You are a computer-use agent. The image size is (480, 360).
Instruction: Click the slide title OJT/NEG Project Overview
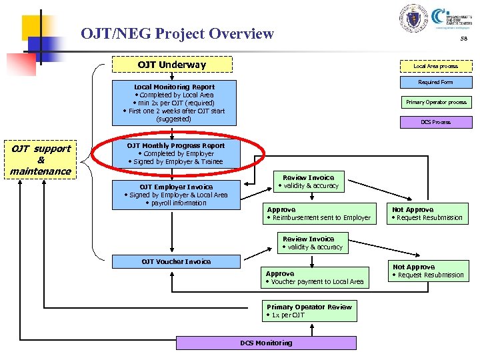point(177,33)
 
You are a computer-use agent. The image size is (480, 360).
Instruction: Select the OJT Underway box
point(171,65)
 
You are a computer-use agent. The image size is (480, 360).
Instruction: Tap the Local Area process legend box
point(435,66)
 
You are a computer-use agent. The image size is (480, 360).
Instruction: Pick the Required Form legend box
point(435,82)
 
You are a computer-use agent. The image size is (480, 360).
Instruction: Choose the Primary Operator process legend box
point(436,102)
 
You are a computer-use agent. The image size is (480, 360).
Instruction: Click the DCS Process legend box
point(435,122)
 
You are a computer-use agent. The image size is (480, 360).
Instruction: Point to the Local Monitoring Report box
point(174,103)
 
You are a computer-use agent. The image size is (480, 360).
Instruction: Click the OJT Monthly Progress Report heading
point(176,145)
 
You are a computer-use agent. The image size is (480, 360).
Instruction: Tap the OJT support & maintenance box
point(41,160)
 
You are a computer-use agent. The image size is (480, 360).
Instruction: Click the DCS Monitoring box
point(266,343)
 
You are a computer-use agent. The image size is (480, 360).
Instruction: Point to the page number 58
point(463,39)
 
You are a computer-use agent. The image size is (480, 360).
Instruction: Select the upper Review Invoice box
point(309,181)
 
